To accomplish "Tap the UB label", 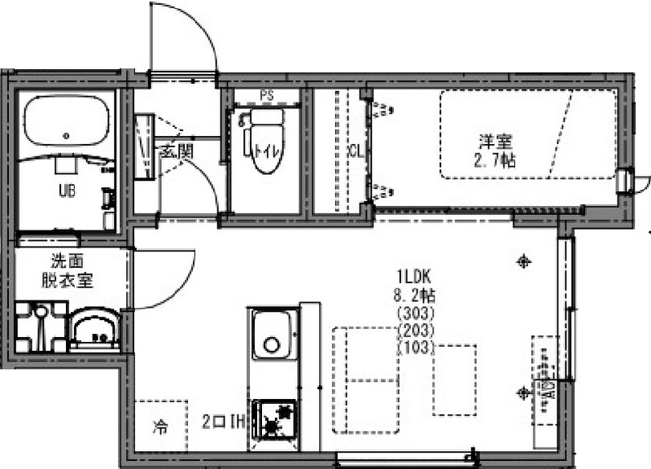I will point(64,193).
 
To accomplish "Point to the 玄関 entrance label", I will point(175,151).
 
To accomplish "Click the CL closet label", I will point(355,151).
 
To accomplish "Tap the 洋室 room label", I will point(496,138).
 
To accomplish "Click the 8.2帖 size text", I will point(415,295).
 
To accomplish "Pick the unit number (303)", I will point(415,313).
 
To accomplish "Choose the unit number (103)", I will point(415,348).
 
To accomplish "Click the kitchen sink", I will point(273,335).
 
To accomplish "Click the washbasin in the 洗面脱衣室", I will point(96,331).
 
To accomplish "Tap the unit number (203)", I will point(415,331).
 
